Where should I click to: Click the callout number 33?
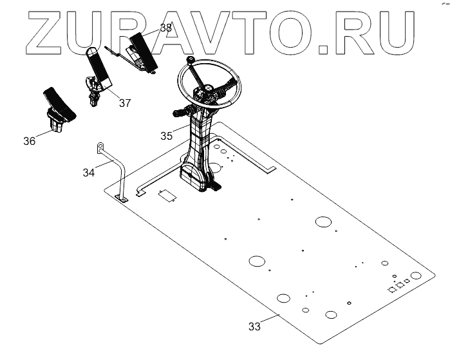(x=254, y=327)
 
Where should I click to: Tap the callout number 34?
(x=89, y=172)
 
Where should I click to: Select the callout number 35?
(x=167, y=136)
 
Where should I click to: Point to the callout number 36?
(x=29, y=141)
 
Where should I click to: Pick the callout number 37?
(x=124, y=103)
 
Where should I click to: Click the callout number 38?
(x=165, y=28)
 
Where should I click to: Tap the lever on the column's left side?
(x=180, y=113)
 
